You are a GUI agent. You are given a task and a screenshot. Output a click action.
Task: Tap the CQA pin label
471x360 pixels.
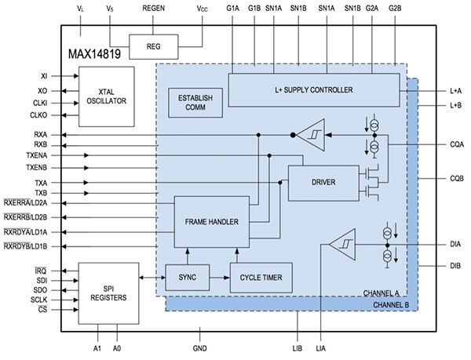click(456, 145)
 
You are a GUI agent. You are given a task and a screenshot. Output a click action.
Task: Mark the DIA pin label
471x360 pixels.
click(456, 245)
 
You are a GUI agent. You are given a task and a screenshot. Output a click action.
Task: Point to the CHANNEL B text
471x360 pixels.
click(389, 304)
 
